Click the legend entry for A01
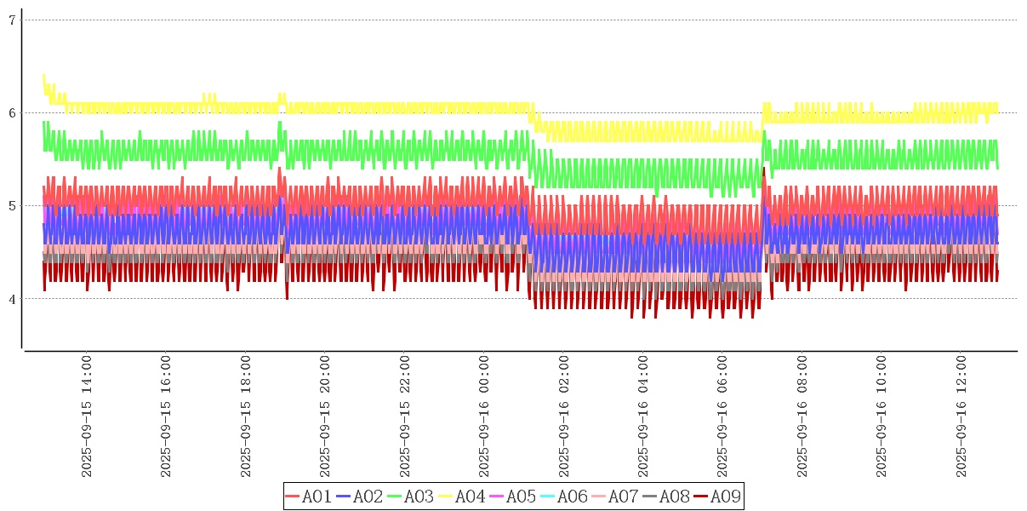coord(309,497)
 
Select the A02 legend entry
coord(360,497)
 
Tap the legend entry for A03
coord(411,497)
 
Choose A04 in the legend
coord(462,497)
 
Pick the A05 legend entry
coord(513,497)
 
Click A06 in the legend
coord(564,497)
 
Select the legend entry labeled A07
coord(615,497)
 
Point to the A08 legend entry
coord(666,497)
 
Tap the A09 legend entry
coord(717,497)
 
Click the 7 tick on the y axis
coord(13,20)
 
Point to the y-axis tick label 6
coord(13,112)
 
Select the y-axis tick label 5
coord(13,205)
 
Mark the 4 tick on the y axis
coord(13,298)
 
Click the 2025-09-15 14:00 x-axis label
coord(86,416)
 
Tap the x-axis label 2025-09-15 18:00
coord(246,416)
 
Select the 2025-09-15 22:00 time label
coord(405,416)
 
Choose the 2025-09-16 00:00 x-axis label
coord(485,416)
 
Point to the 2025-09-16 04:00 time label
coord(644,416)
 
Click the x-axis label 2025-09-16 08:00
coord(803,416)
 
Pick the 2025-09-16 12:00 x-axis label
coord(962,416)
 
